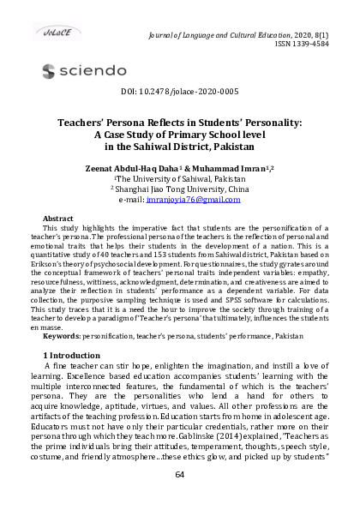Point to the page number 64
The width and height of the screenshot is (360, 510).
[179, 474]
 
